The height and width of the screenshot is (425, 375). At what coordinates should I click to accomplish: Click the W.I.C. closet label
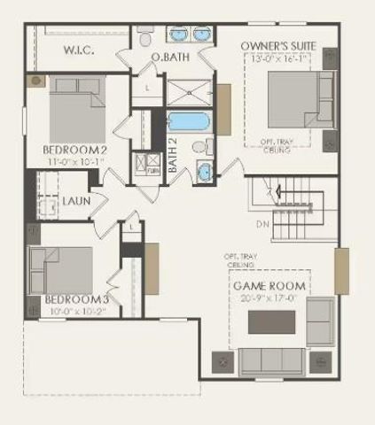pos(79,51)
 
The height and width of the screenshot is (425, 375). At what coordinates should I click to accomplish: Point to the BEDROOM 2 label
pos(75,151)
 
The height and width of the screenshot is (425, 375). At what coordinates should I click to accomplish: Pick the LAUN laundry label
pos(75,201)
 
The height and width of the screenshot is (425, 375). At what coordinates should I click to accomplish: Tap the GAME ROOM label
pos(269,286)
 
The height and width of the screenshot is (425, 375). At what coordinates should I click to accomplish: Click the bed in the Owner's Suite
pos(299,100)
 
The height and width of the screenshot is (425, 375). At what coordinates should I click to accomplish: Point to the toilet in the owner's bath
pos(145,37)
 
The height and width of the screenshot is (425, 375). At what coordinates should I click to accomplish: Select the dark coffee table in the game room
pos(270,322)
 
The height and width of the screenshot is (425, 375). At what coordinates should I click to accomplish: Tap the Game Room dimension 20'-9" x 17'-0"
pos(270,298)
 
